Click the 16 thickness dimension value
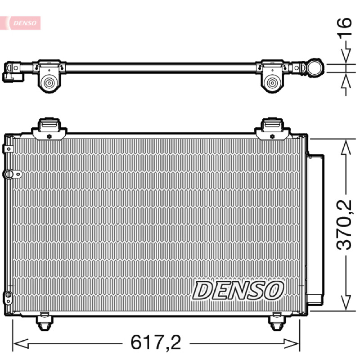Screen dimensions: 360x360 click(344, 27)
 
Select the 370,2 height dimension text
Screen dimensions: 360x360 click(344, 225)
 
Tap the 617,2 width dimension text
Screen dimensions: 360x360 click(156, 342)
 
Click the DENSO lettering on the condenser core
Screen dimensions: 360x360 click(238, 290)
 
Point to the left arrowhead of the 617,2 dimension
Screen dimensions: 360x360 click(21, 344)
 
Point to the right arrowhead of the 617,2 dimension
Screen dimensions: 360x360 click(291, 344)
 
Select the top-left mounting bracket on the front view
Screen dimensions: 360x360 click(49, 129)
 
